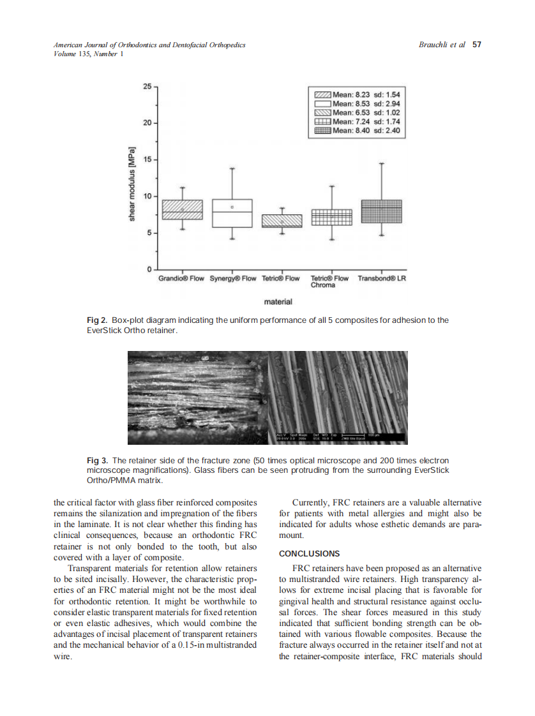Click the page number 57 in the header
tap(476, 45)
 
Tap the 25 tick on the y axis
tap(147, 86)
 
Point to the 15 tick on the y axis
tap(147, 160)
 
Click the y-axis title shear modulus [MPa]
tap(133, 183)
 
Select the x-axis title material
tap(278, 301)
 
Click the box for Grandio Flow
tap(182, 209)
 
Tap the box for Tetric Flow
tap(282, 221)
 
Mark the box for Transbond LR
tap(381, 211)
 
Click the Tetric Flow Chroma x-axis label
tap(329, 281)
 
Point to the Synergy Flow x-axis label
tap(233, 279)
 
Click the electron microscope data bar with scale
tap(340, 438)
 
